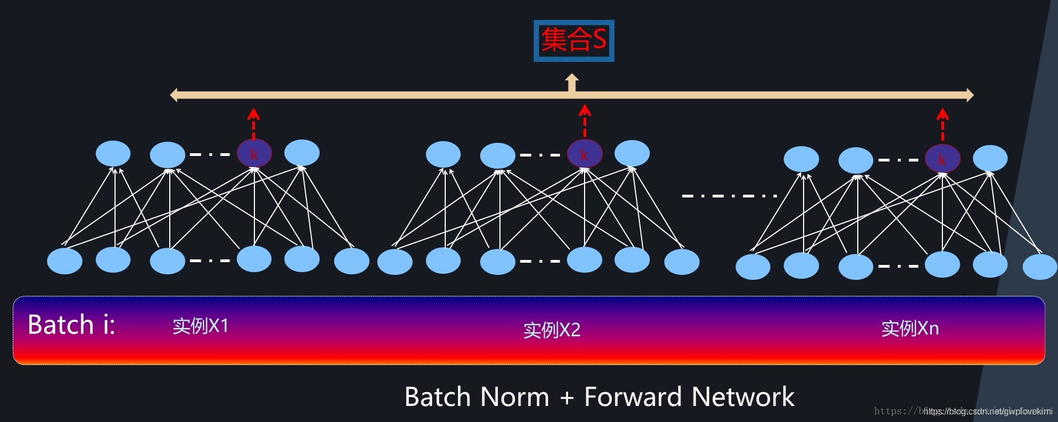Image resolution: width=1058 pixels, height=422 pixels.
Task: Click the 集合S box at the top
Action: point(574,40)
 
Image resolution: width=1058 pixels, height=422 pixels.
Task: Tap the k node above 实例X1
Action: point(254,154)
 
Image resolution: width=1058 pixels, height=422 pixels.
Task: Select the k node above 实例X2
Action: point(584,154)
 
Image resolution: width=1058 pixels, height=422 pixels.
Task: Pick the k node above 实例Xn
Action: point(942,160)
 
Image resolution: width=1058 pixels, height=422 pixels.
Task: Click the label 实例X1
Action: point(200,326)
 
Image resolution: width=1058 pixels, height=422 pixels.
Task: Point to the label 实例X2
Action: point(552,330)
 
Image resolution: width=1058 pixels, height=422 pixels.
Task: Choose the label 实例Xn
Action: point(910,329)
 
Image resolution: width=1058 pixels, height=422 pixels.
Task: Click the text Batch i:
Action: point(71,325)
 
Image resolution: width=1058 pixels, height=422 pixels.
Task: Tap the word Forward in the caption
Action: point(633,397)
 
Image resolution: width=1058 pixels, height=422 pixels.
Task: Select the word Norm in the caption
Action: point(515,397)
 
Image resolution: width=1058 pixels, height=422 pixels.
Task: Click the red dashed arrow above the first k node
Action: point(254,123)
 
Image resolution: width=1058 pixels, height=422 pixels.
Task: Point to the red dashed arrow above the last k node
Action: point(942,124)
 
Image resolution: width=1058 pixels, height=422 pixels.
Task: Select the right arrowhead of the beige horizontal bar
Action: point(969,95)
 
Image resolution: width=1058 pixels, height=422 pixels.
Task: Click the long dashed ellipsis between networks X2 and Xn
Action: point(729,196)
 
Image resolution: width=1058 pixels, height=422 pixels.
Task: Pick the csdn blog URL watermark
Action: point(987,411)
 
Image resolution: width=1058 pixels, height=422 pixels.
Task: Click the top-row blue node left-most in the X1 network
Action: point(113,153)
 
